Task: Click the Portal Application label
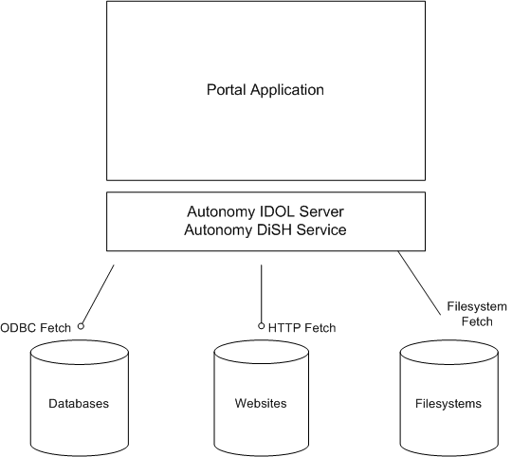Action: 265,91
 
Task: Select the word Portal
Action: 226,91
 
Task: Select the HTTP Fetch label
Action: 302,328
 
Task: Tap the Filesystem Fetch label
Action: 476,315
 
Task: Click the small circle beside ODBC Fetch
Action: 82,326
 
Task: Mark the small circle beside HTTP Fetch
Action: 262,326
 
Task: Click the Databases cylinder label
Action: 79,404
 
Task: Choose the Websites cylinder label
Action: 261,404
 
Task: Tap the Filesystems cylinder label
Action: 448,404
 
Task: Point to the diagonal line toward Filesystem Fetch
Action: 425,284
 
